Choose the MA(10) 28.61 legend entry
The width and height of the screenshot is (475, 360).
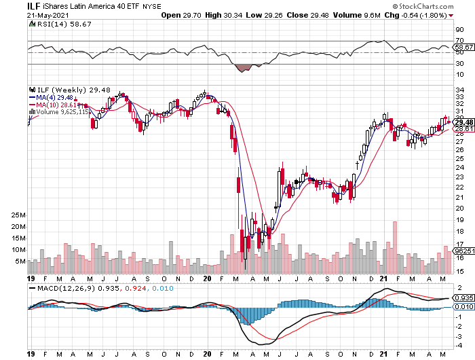(x=54, y=104)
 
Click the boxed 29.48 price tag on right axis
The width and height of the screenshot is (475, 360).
(x=463, y=122)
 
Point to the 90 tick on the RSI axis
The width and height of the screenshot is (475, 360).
(x=459, y=29)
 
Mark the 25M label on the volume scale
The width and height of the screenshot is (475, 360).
(x=18, y=215)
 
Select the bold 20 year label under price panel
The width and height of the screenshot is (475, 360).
(x=208, y=278)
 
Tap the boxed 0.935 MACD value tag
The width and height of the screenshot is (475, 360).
(x=464, y=298)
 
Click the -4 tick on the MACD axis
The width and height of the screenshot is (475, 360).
(x=459, y=345)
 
